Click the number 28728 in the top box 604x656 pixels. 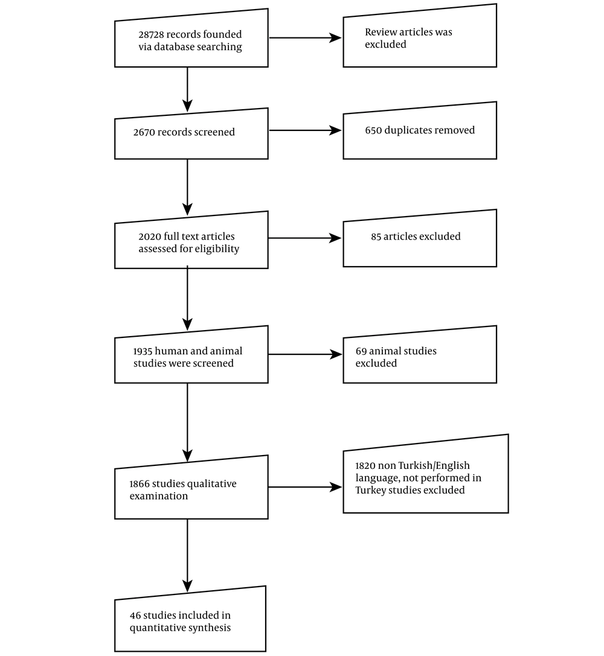[151, 34]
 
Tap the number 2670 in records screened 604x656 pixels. [144, 132]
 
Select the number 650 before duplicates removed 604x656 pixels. [373, 130]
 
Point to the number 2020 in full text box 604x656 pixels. [150, 237]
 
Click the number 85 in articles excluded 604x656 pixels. [376, 237]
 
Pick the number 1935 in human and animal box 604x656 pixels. [143, 351]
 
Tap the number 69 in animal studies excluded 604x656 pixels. [361, 351]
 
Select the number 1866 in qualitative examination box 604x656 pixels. [140, 483]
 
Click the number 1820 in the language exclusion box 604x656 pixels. [365, 466]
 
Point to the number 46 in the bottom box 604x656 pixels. [135, 616]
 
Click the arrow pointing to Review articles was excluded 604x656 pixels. [305, 38]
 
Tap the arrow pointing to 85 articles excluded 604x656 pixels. [305, 238]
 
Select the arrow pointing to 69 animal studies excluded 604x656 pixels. [305, 354]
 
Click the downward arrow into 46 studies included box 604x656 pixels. [187, 555]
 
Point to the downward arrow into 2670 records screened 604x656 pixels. [187, 89]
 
